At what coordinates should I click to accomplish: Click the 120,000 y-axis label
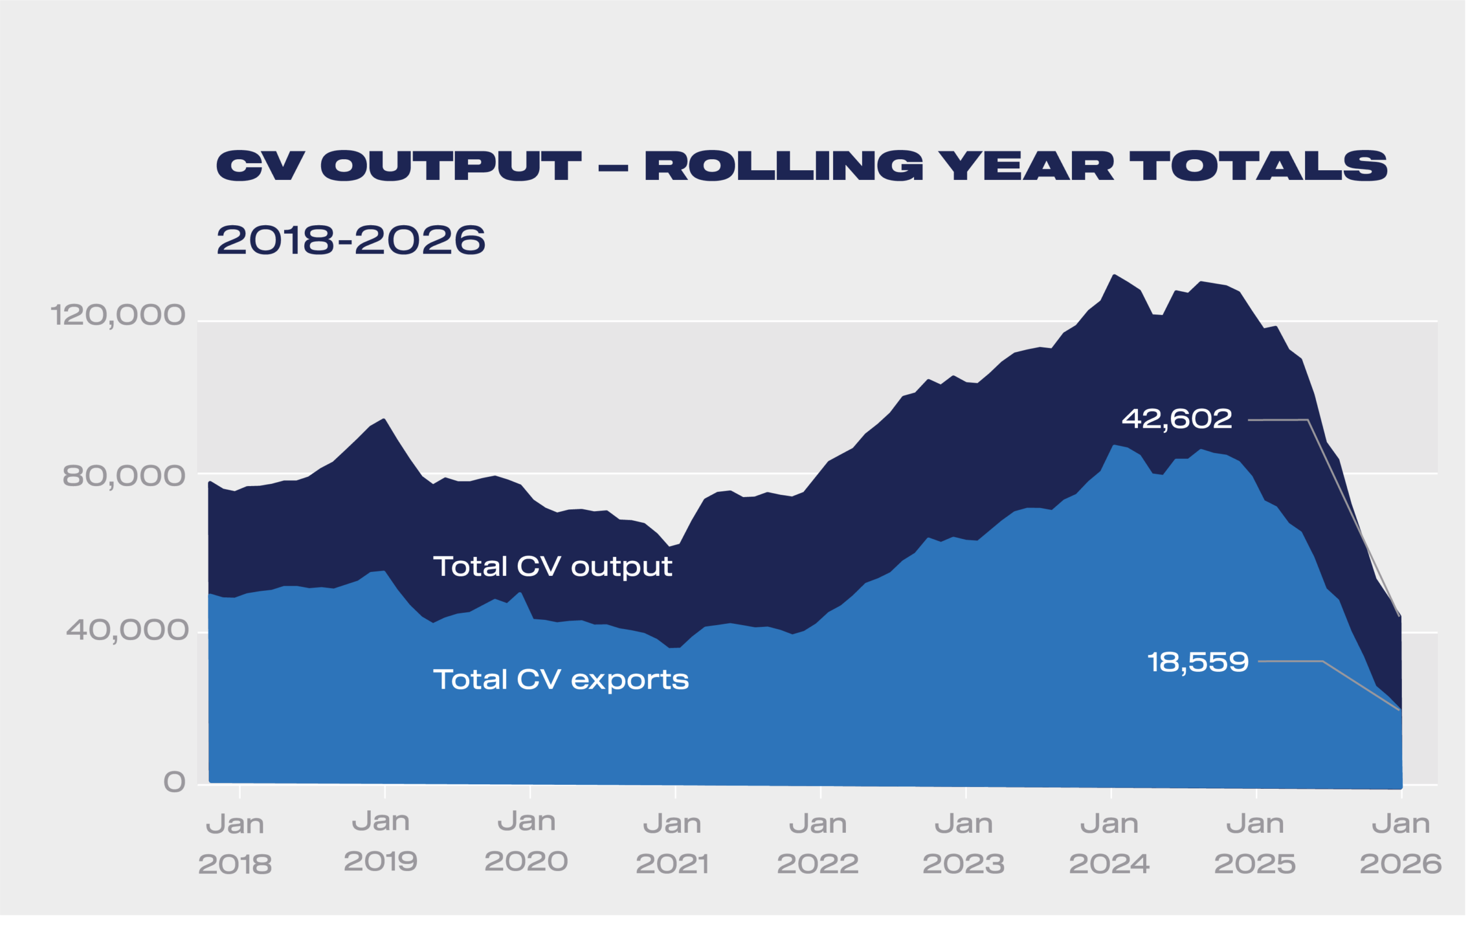[117, 315]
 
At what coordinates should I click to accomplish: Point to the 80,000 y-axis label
[124, 476]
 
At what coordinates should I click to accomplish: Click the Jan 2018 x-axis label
[235, 844]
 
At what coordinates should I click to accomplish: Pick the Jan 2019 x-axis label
[381, 842]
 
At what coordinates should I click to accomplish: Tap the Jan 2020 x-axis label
[526, 842]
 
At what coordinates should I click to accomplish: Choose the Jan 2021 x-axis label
[672, 844]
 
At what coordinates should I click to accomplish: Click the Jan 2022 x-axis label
[817, 844]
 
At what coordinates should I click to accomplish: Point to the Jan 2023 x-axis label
[963, 844]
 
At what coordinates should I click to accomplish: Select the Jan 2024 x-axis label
[1109, 844]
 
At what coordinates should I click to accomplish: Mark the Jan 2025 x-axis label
[1255, 844]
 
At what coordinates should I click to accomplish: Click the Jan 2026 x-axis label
[1400, 844]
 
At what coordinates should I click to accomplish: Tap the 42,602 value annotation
[1176, 420]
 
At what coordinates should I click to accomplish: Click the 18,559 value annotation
[1198, 663]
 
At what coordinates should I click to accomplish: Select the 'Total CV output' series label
[552, 567]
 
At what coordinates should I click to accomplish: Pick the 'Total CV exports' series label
[561, 680]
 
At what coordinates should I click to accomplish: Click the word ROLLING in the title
[783, 166]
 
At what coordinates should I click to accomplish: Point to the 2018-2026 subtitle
[351, 240]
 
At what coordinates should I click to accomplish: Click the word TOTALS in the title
[1258, 166]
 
